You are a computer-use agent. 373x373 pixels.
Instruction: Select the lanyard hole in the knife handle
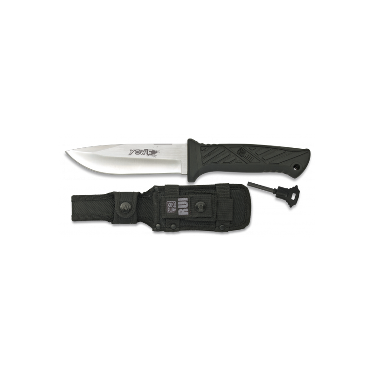(294, 166)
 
